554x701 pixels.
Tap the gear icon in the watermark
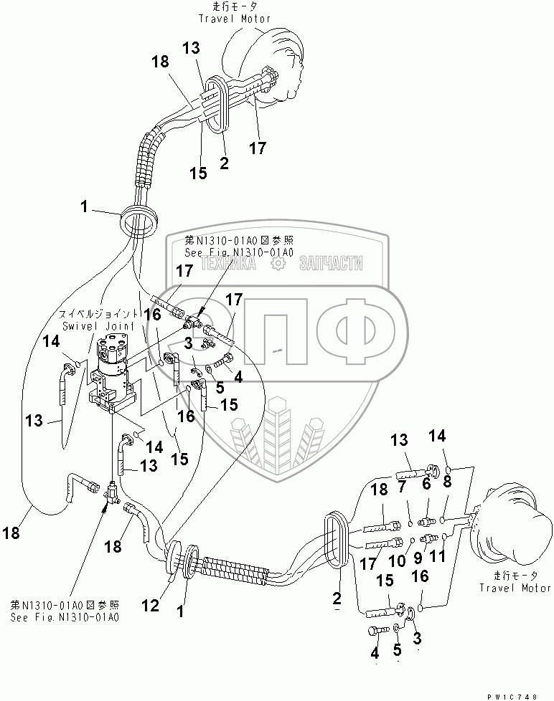coord(277,264)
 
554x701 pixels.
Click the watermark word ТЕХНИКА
coord(228,264)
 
